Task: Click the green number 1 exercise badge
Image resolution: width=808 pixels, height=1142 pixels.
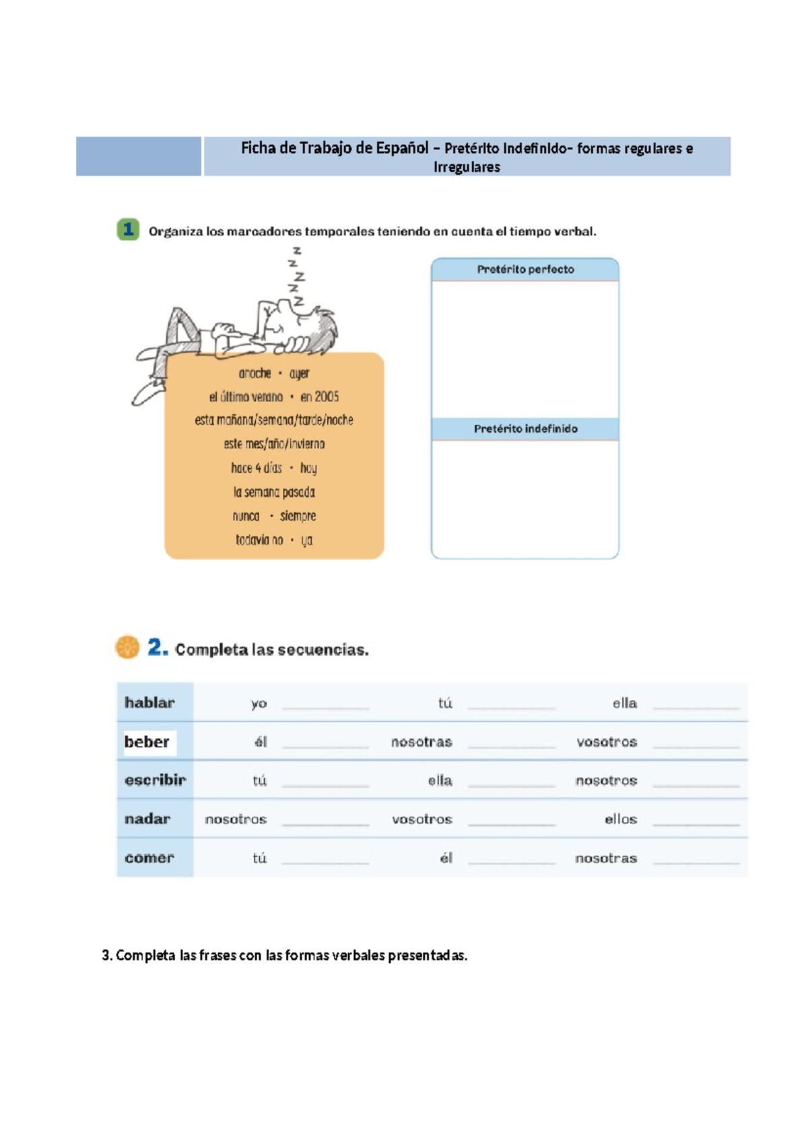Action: (x=128, y=230)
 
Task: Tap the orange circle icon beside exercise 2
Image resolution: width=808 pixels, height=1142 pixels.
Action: (x=127, y=647)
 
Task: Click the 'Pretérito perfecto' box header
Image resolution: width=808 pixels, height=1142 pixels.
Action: (x=525, y=269)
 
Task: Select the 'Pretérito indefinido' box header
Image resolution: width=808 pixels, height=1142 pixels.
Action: (x=525, y=429)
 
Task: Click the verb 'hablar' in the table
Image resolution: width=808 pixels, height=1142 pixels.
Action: (x=149, y=702)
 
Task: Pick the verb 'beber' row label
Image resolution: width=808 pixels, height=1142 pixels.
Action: (x=147, y=741)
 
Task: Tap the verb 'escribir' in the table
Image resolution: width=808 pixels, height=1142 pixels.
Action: (x=155, y=780)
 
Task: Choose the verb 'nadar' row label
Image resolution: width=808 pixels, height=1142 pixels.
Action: (x=147, y=819)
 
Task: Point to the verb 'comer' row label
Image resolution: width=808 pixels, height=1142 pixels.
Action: (x=149, y=857)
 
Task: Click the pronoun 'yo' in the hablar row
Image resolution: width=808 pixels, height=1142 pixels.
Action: (x=259, y=704)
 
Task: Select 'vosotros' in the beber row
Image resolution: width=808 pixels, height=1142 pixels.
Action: (x=606, y=742)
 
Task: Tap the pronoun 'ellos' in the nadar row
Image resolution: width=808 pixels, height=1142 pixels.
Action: (x=620, y=819)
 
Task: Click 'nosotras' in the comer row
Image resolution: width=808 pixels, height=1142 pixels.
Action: (x=605, y=858)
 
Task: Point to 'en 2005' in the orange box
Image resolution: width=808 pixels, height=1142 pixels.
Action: (x=319, y=397)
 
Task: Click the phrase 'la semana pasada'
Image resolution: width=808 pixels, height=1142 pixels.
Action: (x=274, y=492)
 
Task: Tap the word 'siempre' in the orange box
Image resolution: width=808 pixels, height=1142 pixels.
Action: (x=298, y=516)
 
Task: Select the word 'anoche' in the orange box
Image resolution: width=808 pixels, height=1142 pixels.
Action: (x=255, y=373)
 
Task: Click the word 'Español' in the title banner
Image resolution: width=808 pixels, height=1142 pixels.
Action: (x=401, y=148)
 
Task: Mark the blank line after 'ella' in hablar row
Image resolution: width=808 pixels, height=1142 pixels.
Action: (x=696, y=707)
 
